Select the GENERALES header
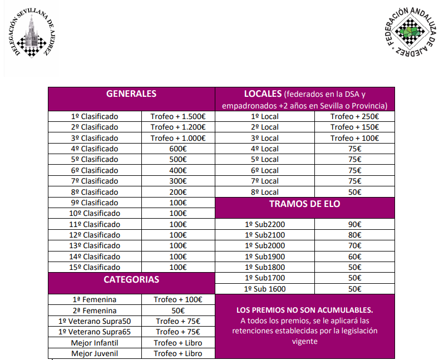tap(131, 94)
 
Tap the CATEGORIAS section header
tap(131, 279)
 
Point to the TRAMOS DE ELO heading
tap(304, 204)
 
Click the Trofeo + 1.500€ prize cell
tap(178, 117)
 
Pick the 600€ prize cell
tap(178, 149)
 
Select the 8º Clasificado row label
tap(95, 192)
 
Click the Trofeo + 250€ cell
tap(354, 117)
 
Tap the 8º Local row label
tap(265, 192)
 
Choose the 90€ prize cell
tap(354, 224)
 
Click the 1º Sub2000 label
tap(265, 246)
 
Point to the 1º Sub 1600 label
tap(265, 289)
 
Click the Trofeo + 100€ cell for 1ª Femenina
tap(178, 300)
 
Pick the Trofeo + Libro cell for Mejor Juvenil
tap(178, 353)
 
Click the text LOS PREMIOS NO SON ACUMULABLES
tap(304, 310)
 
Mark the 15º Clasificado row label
tap(95, 267)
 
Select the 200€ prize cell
tap(178, 192)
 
